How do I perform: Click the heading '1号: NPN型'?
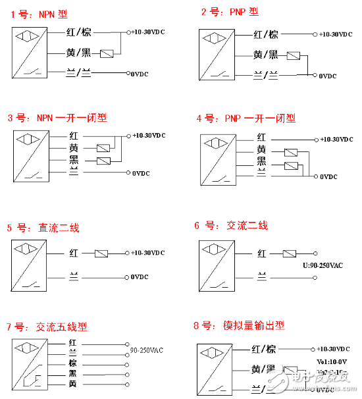click(x=39, y=14)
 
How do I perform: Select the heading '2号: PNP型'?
click(x=230, y=12)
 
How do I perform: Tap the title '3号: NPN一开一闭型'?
click(x=57, y=119)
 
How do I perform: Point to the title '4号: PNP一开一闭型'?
click(x=246, y=119)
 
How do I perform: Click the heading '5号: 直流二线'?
click(x=43, y=228)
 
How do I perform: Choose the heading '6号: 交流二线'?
click(x=231, y=226)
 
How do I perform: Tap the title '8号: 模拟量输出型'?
click(x=240, y=325)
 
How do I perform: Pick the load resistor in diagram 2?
click(x=295, y=57)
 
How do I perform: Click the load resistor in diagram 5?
click(x=101, y=253)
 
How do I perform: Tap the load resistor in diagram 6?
click(x=290, y=253)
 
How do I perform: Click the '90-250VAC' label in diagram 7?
click(x=146, y=350)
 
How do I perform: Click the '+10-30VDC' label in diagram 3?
click(x=149, y=136)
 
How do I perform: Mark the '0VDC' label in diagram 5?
click(x=140, y=277)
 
